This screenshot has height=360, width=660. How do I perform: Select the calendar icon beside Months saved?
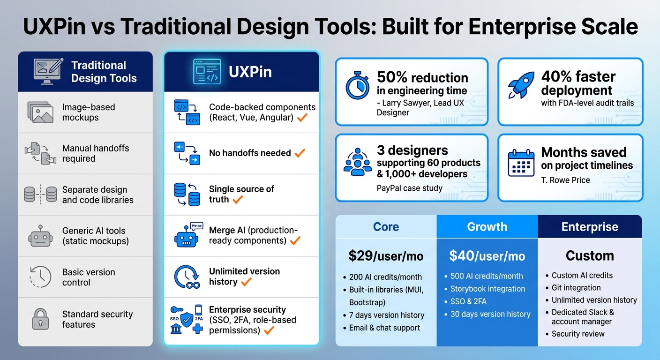point(521,163)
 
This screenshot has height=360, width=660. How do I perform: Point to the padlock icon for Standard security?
point(40,319)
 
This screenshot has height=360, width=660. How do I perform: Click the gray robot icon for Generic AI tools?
point(40,236)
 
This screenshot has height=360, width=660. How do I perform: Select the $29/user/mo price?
point(386,256)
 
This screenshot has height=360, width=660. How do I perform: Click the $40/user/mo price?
point(487,255)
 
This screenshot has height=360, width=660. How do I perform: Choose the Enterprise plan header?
point(590,227)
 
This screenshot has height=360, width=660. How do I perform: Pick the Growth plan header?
point(487,227)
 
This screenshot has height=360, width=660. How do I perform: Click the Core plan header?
point(386,227)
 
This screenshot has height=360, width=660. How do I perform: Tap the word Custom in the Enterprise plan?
point(590,255)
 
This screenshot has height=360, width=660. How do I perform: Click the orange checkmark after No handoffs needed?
point(300,153)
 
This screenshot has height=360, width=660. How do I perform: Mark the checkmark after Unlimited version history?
point(246,282)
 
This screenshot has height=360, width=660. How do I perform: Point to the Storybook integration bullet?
point(487,289)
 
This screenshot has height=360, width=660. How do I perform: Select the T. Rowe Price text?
point(565,180)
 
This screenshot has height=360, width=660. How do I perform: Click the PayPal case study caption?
point(409,188)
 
